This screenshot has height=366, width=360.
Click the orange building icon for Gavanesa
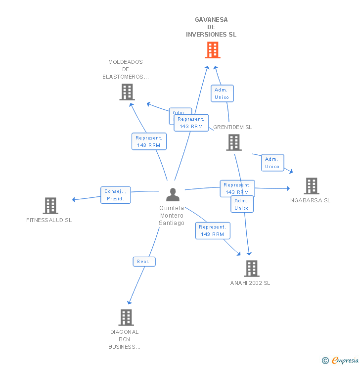tap(212, 50)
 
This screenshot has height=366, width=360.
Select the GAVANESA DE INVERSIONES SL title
tap(211, 27)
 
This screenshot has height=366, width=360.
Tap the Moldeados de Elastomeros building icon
tap(127, 92)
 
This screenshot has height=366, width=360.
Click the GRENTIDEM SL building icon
tap(233, 142)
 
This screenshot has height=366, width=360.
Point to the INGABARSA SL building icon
tap(311, 186)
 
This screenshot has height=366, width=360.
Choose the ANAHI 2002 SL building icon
tap(251, 269)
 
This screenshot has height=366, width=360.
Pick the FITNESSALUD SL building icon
tap(50, 206)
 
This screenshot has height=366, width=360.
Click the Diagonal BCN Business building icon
tap(126, 318)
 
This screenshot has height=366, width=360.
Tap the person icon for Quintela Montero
tap(172, 195)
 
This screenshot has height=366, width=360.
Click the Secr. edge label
tap(144, 262)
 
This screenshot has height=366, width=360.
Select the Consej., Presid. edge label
tap(116, 195)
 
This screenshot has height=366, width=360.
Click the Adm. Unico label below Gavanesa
tap(222, 93)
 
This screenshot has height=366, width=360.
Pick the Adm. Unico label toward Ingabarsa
tap(272, 163)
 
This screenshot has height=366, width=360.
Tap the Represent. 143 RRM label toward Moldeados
tap(148, 141)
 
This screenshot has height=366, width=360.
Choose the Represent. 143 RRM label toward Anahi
tap(212, 230)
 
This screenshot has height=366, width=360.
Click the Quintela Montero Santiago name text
tap(172, 216)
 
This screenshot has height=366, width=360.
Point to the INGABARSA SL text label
tap(310, 200)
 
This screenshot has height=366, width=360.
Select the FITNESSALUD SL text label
tap(49, 220)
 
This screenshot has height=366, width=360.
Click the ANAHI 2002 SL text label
tap(250, 283)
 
